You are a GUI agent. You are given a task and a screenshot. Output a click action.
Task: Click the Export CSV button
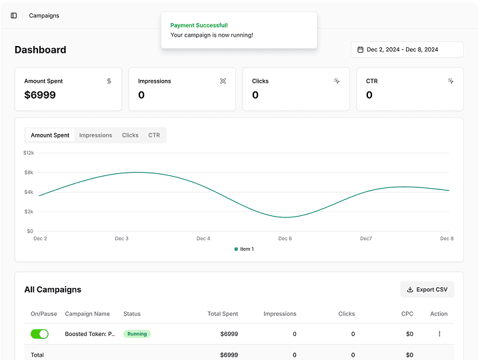[427, 289]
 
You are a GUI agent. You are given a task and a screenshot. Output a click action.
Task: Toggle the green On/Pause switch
[39, 334]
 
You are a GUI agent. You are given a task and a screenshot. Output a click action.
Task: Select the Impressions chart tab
[95, 135]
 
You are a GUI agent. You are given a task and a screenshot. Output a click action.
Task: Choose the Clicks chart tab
[130, 135]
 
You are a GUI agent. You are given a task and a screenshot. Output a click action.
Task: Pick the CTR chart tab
[154, 135]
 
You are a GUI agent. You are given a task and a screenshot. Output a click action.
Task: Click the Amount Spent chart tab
[50, 135]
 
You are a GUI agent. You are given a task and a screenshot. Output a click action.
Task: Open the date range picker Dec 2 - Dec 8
[407, 49]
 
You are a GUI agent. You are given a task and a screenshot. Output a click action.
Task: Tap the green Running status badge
[137, 334]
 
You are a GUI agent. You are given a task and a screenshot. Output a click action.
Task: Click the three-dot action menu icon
[439, 334]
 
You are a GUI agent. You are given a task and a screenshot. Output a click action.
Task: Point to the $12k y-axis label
[29, 153]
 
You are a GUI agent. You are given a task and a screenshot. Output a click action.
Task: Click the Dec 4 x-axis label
[203, 239]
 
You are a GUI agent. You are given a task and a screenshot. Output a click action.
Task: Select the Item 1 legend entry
[244, 249]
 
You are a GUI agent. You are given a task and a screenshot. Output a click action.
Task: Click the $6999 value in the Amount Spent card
[40, 95]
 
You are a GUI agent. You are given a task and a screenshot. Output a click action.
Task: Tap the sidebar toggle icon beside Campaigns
[14, 15]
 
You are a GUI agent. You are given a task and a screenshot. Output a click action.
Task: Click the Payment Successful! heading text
[199, 25]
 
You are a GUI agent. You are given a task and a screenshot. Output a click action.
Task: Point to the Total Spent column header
[223, 314]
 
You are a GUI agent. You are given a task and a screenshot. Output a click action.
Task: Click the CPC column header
[407, 314]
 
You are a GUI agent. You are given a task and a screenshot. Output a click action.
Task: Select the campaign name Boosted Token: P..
[90, 334]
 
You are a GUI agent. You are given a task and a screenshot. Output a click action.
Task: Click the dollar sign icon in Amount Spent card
[109, 81]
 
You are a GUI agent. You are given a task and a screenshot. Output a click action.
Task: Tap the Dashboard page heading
[41, 49]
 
